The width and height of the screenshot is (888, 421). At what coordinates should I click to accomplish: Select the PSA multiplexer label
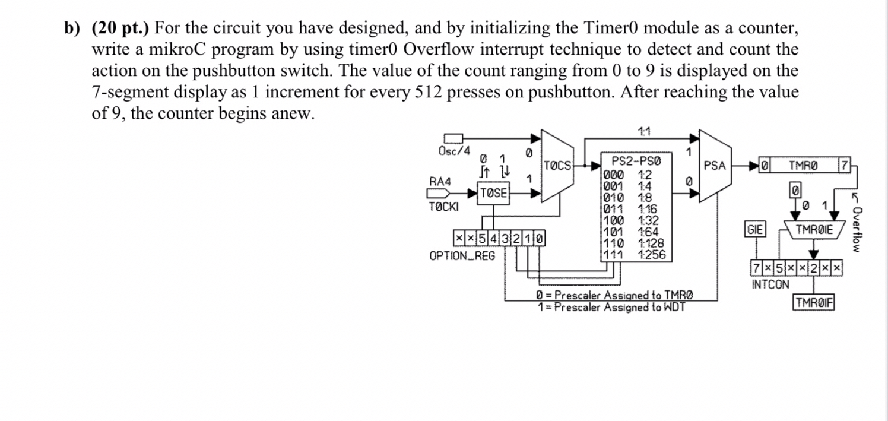click(714, 166)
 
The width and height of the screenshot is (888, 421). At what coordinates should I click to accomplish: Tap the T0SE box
click(494, 192)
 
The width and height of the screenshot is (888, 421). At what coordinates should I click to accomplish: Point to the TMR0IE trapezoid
click(814, 230)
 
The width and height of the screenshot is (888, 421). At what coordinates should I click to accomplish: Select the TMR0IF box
click(814, 302)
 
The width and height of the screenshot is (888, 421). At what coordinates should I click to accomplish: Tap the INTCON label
click(770, 284)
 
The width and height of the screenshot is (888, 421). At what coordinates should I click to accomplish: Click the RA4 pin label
click(439, 181)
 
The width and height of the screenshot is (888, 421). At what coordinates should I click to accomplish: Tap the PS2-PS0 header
click(636, 161)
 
